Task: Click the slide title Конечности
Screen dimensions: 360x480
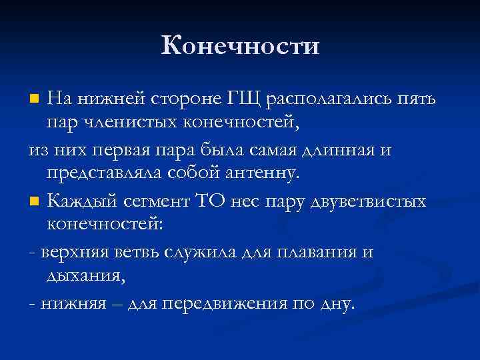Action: (240, 46)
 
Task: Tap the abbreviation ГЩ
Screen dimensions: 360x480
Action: (248, 99)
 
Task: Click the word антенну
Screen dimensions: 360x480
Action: (261, 175)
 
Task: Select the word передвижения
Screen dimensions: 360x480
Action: (233, 303)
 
